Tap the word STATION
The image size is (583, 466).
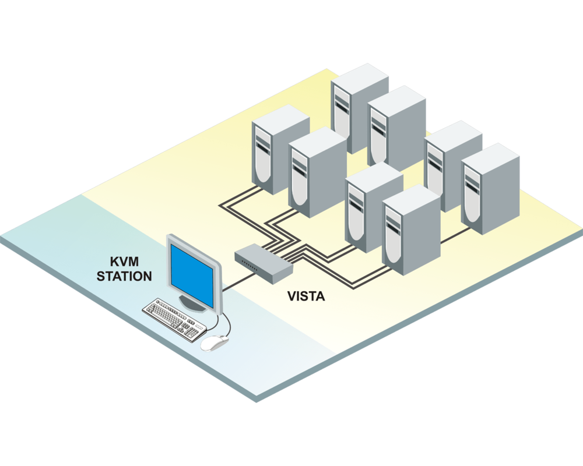(x=124, y=276)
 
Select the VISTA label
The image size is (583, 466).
(x=306, y=295)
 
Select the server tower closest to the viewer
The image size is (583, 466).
(x=410, y=233)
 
